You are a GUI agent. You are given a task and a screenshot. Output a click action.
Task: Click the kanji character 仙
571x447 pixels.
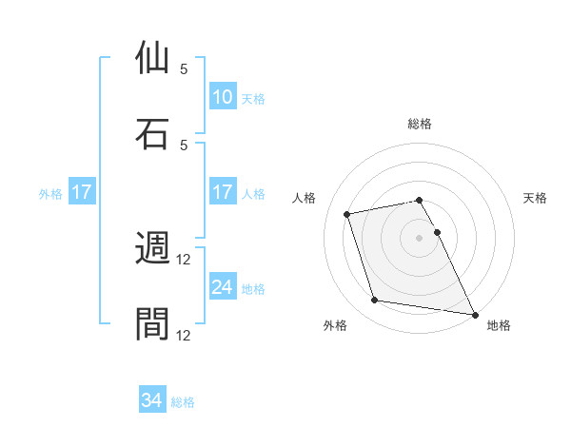point(153,57)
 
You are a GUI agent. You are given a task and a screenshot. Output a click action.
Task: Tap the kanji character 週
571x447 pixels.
point(153,248)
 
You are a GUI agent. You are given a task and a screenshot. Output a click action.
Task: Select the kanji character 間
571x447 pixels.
point(153,323)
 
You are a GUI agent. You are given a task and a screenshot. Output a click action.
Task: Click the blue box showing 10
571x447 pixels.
point(223,97)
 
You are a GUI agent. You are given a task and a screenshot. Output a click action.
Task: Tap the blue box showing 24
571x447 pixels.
point(223,287)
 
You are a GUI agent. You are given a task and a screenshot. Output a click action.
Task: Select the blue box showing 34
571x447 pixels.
point(152,401)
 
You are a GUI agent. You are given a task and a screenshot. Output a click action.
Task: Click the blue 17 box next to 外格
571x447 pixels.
point(82,192)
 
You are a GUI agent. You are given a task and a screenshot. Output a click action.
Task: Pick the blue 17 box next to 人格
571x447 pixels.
point(223,192)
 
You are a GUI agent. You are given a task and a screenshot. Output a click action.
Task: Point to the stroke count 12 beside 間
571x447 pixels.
point(184,335)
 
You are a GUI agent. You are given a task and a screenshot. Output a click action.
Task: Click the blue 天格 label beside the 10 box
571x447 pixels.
point(253,98)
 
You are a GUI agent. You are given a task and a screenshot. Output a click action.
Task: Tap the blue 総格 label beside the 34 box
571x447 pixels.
point(183,402)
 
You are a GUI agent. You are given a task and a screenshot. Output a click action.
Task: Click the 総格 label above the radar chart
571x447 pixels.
point(420,124)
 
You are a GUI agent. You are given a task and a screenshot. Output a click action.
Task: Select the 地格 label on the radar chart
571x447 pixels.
point(499,326)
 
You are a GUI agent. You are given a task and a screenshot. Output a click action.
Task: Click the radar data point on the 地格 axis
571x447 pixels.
point(474,314)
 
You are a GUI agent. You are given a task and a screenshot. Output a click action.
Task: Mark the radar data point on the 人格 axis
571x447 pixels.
point(347,213)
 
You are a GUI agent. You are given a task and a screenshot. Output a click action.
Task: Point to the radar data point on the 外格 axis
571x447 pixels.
point(375,301)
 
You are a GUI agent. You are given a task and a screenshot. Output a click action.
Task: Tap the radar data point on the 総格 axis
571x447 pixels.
point(420,200)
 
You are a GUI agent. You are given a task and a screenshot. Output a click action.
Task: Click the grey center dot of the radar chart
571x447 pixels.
point(420,237)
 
